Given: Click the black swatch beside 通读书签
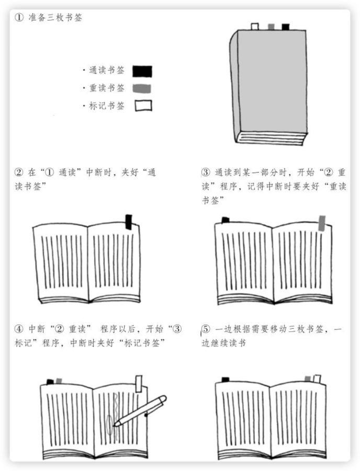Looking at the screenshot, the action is pyautogui.click(x=142, y=71).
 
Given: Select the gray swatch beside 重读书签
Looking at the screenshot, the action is pyautogui.click(x=142, y=88).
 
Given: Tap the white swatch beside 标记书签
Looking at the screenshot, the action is pyautogui.click(x=143, y=106).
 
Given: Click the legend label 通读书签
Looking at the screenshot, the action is pyautogui.click(x=107, y=71).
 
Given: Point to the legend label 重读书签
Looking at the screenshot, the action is pyautogui.click(x=107, y=88).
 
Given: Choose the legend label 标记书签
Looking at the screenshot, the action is pyautogui.click(x=107, y=106).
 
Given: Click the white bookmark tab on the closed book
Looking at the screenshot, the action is pyautogui.click(x=255, y=27).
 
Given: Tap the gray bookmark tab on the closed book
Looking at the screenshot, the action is pyautogui.click(x=271, y=27).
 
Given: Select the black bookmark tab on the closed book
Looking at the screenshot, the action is pyautogui.click(x=285, y=27).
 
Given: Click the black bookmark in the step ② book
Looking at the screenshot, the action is pyautogui.click(x=129, y=222).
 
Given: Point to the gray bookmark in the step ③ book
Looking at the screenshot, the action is pyautogui.click(x=322, y=223).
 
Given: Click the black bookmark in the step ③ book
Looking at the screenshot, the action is pyautogui.click(x=226, y=220).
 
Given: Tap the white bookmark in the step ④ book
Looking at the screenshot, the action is pyautogui.click(x=139, y=384).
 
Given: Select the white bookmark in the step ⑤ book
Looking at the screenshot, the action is pyautogui.click(x=317, y=378).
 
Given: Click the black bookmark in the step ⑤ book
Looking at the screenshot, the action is pyautogui.click(x=226, y=380).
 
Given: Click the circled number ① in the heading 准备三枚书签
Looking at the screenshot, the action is pyautogui.click(x=19, y=17).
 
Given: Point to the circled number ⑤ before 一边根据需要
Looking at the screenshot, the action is pyautogui.click(x=206, y=329).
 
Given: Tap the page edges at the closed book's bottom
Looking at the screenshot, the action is pyautogui.click(x=271, y=139).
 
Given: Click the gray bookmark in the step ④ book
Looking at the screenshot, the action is pyautogui.click(x=59, y=381).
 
